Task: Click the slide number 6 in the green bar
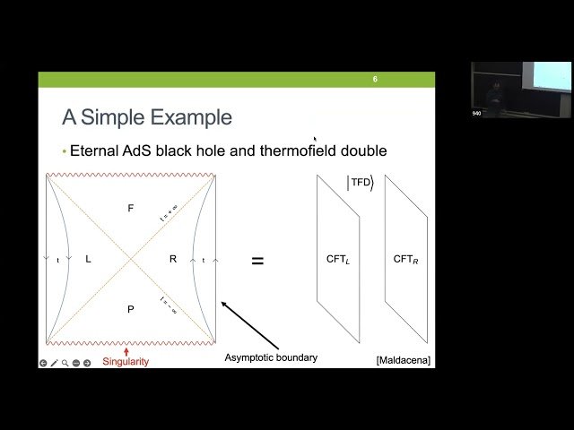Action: [375, 80]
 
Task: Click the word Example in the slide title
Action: [195, 117]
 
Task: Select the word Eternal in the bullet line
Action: [98, 150]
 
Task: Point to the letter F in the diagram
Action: [131, 208]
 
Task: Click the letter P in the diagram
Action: [131, 309]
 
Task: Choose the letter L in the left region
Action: [88, 259]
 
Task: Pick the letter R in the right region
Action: [173, 259]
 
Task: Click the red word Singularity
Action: [126, 362]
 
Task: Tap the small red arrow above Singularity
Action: [126, 350]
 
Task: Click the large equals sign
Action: [257, 261]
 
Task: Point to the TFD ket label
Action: [360, 183]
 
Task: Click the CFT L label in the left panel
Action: [338, 259]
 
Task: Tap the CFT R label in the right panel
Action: [405, 259]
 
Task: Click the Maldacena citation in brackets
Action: [404, 360]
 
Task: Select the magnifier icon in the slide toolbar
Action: [65, 363]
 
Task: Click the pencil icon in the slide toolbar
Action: [54, 363]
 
